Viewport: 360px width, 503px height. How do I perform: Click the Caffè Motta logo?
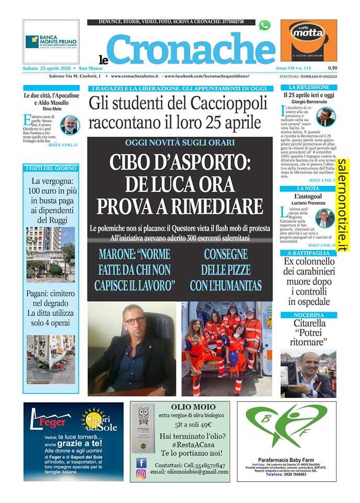pos(308,41)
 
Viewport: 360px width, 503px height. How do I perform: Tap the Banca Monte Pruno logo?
pos(51,41)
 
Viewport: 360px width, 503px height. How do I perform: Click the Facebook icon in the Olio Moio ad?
pos(141,463)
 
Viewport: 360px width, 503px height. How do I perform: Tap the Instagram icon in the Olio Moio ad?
pos(141,474)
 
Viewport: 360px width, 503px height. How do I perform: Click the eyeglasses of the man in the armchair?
pos(135,320)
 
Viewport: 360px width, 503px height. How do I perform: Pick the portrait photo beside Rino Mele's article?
pos(69,125)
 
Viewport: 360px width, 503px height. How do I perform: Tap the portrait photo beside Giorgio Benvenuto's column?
pos(325,117)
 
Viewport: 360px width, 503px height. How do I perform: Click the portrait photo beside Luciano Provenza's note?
pos(325,218)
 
